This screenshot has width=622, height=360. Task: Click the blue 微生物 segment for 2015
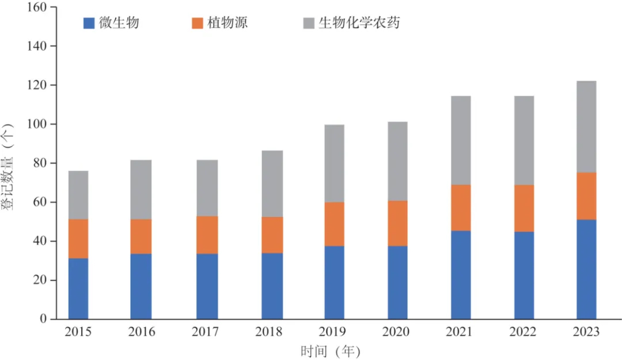[x=78, y=288]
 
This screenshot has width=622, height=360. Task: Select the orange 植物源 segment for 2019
[x=334, y=224]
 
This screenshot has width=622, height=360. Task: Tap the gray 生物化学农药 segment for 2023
[x=586, y=127]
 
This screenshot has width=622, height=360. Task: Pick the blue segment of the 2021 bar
[x=461, y=275]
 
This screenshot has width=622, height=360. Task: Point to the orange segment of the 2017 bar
[x=207, y=234]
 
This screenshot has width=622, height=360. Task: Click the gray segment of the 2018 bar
[x=272, y=184]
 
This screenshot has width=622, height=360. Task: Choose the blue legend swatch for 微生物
[x=89, y=23]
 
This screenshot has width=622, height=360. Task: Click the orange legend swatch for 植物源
[x=197, y=23]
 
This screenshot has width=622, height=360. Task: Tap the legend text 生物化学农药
[x=359, y=23]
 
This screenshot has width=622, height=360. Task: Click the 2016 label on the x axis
[x=141, y=333]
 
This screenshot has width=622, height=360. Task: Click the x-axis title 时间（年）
[x=330, y=351]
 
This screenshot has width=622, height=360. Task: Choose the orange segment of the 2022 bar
[x=524, y=208]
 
